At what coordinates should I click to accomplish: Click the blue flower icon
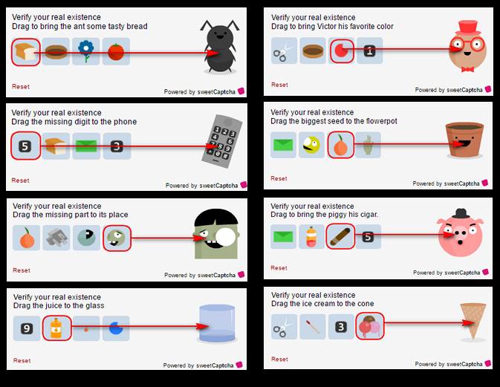click(x=86, y=52)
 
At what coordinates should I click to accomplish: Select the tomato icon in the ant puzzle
click(x=115, y=52)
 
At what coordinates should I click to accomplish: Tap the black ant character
click(x=219, y=49)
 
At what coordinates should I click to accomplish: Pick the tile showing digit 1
click(x=370, y=51)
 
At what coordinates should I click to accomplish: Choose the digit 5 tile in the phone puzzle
click(x=26, y=146)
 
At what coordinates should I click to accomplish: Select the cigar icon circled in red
click(x=340, y=237)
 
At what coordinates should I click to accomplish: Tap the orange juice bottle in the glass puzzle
click(x=56, y=328)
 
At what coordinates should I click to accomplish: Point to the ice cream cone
click(x=473, y=321)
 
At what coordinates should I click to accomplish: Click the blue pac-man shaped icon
click(x=115, y=328)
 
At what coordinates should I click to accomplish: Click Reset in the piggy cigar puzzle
click(x=279, y=267)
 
